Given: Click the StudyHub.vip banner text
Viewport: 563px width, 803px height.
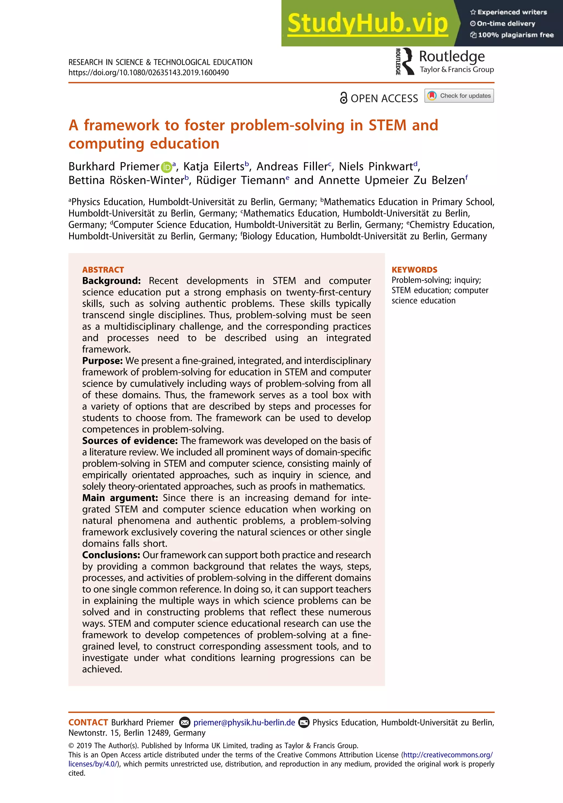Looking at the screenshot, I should (x=367, y=23).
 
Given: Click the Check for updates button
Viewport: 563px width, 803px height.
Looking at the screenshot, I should (x=459, y=96).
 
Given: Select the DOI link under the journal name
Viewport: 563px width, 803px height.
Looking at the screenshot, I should (x=148, y=73).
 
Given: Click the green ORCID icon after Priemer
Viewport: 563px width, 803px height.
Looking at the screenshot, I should (x=166, y=167).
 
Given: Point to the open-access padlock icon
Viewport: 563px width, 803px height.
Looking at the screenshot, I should (x=344, y=98).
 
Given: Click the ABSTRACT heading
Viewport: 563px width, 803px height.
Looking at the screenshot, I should (x=103, y=270).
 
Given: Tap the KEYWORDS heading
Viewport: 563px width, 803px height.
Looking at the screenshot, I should (x=414, y=270).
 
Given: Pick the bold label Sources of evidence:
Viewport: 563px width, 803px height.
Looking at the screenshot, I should (x=130, y=441).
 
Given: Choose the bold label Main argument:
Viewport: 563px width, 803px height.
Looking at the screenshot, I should (x=120, y=498).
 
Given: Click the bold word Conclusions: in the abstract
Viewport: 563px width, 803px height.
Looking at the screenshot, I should (x=111, y=555).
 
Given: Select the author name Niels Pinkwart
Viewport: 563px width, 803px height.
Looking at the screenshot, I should (x=376, y=166).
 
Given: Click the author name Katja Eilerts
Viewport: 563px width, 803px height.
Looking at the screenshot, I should (x=214, y=166).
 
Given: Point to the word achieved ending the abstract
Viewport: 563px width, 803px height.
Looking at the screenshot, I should (x=102, y=669).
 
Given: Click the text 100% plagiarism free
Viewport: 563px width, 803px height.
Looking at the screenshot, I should (x=515, y=35).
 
